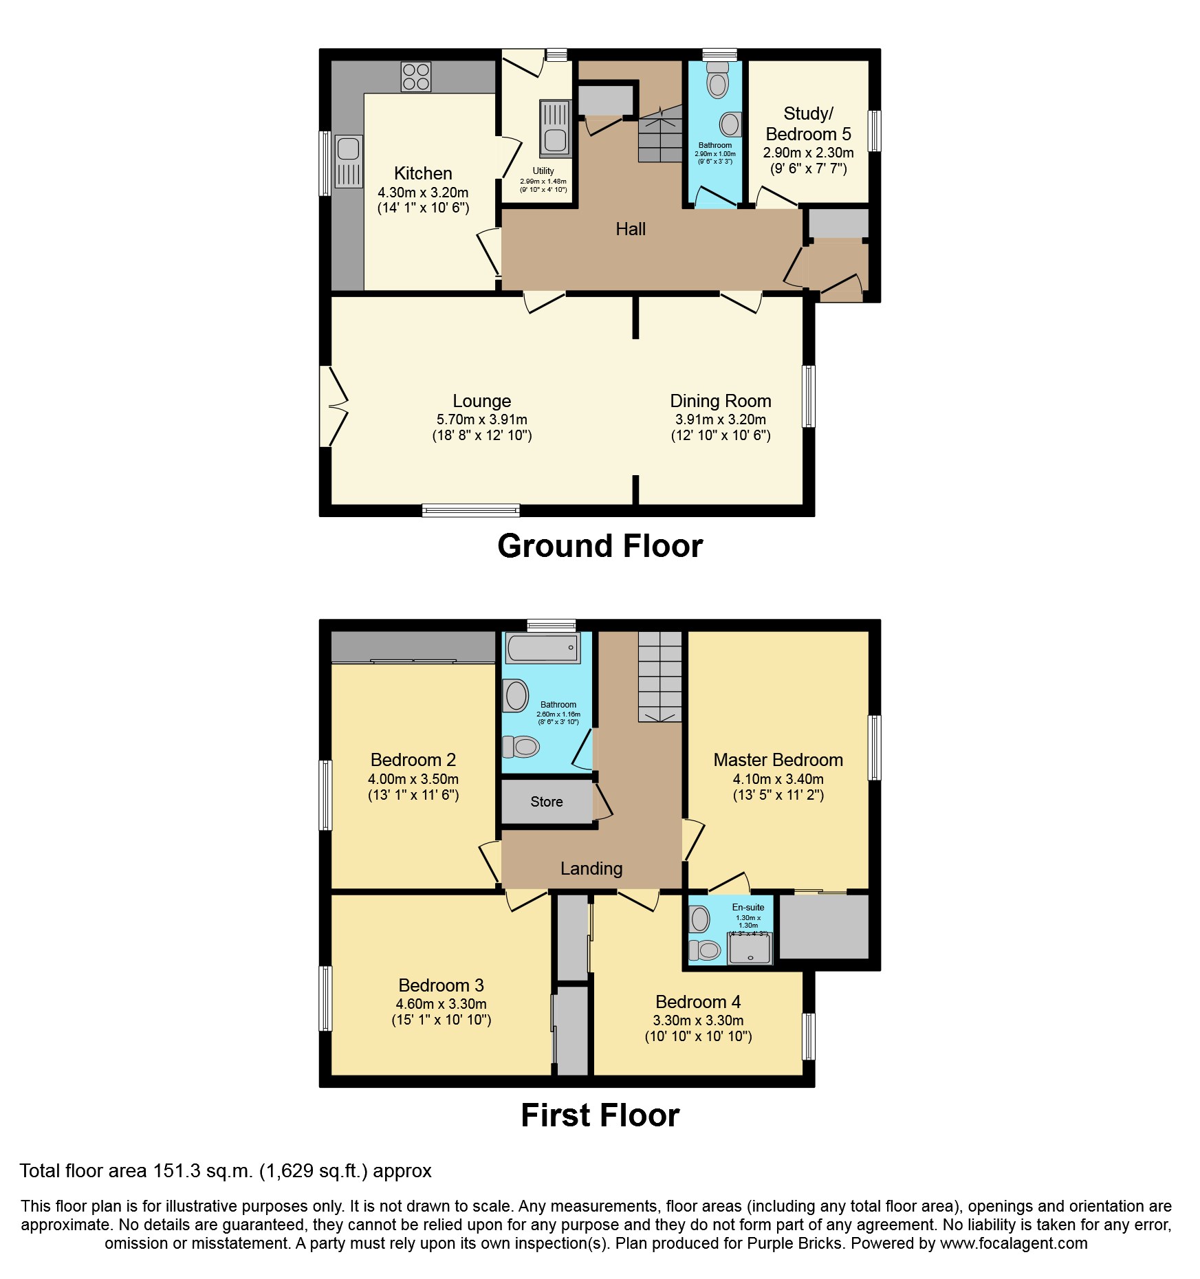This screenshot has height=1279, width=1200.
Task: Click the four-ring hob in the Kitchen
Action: coord(416,76)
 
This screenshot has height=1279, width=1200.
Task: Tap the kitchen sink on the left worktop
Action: coord(349,161)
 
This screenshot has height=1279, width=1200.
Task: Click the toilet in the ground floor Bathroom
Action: coord(717,80)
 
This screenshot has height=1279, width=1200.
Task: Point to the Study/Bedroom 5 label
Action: coord(808,124)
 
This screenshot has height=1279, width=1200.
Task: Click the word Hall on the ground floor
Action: coord(630,229)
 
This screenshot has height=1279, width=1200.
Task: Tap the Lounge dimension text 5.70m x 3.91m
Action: coord(481,419)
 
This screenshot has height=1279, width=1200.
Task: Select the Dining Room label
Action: coord(720,401)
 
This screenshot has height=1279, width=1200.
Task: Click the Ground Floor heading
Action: coord(600,546)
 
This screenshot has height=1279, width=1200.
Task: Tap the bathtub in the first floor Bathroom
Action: coord(543,648)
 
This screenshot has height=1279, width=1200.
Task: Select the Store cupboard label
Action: coord(546,802)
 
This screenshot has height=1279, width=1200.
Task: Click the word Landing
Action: coord(591,868)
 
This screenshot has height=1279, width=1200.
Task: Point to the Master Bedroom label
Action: coord(778,760)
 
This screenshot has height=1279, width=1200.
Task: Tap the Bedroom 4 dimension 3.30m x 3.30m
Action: coord(697,1020)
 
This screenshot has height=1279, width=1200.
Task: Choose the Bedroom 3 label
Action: coord(441,985)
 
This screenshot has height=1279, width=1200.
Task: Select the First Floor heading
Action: coord(600,1115)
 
